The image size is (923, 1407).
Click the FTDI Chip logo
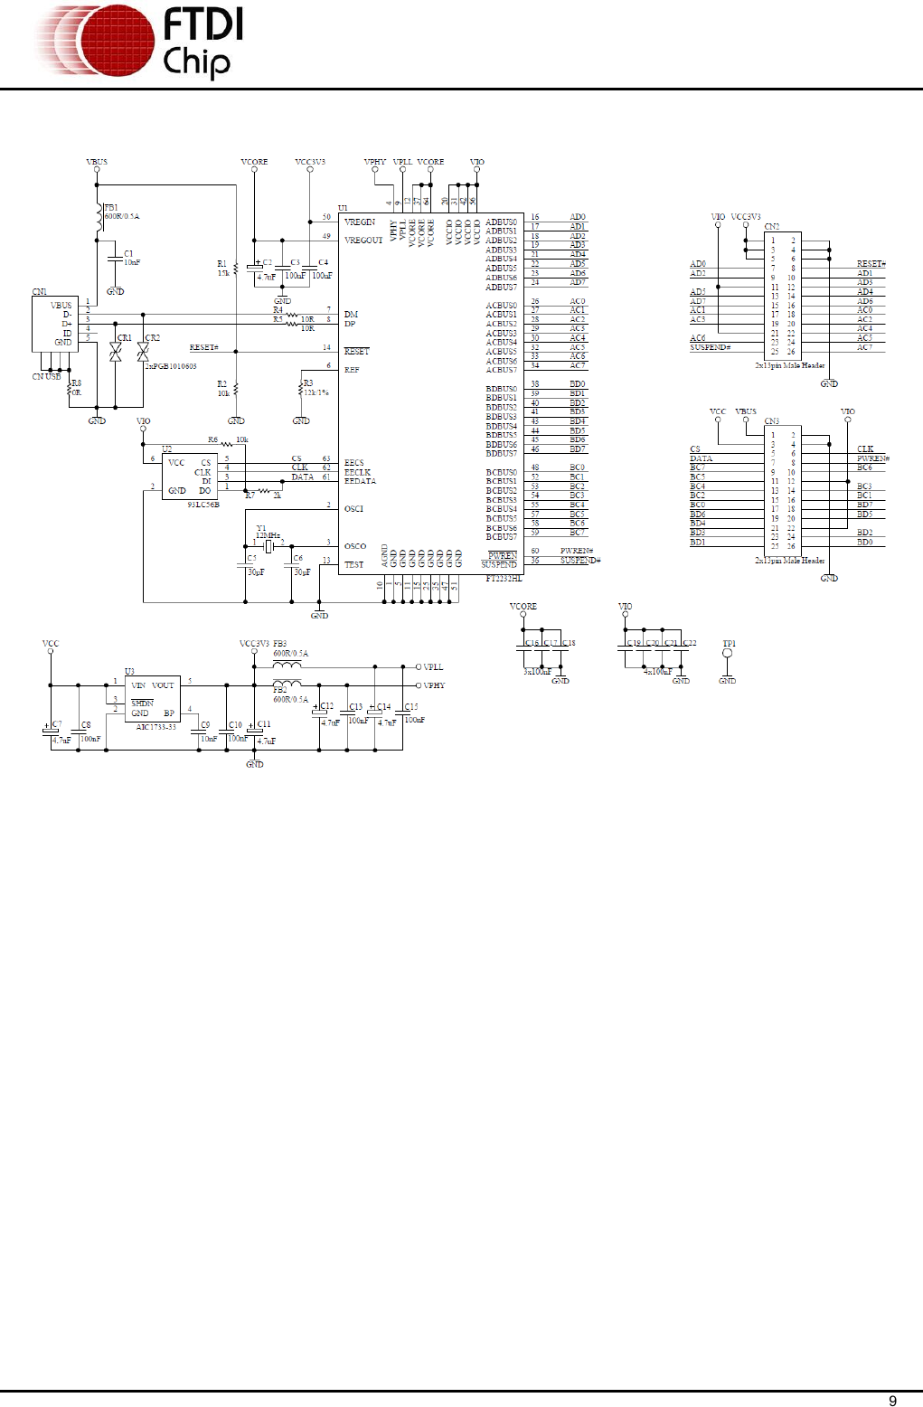click(140, 42)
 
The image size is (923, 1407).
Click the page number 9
click(892, 1401)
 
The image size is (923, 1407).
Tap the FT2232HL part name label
click(504, 579)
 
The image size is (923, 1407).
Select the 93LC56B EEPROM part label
click(203, 505)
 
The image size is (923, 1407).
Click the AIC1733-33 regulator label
click(155, 727)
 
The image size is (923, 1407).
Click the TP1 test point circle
click(728, 653)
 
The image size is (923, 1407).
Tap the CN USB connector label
click(47, 377)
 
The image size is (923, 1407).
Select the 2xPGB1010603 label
click(171, 366)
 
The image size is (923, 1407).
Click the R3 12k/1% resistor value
click(316, 392)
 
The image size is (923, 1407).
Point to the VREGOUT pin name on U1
click(363, 241)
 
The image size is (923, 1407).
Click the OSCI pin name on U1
click(353, 509)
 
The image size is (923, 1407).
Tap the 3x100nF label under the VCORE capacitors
click(537, 672)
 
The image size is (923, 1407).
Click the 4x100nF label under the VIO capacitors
click(657, 672)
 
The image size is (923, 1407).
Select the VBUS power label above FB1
click(97, 163)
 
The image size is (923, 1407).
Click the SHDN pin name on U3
click(142, 703)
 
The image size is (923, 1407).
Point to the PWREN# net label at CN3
click(873, 458)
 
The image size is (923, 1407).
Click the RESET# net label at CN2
click(871, 264)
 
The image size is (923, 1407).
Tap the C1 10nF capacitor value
click(132, 263)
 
